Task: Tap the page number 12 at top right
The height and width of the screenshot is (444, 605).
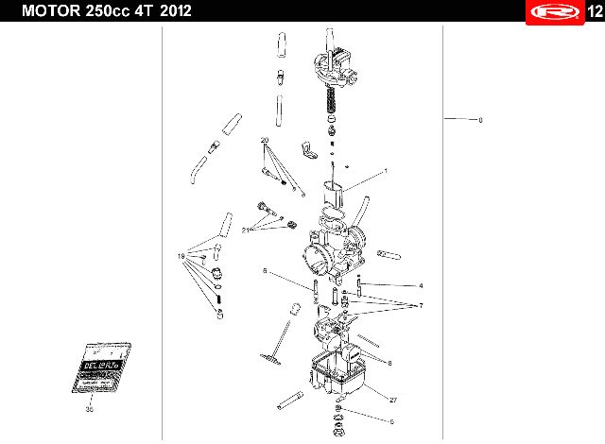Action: click(592, 10)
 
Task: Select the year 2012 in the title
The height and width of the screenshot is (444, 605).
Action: click(180, 10)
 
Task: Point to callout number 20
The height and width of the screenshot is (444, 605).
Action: click(265, 140)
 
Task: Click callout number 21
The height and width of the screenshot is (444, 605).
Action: click(246, 230)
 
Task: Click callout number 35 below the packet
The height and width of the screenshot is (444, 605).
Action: click(90, 409)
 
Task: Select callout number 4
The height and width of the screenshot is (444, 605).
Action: click(421, 285)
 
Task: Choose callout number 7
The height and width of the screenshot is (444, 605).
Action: click(421, 305)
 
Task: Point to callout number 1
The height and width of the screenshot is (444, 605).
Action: click(386, 171)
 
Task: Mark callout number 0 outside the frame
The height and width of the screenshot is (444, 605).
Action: click(480, 120)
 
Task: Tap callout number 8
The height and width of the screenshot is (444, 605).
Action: click(389, 362)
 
